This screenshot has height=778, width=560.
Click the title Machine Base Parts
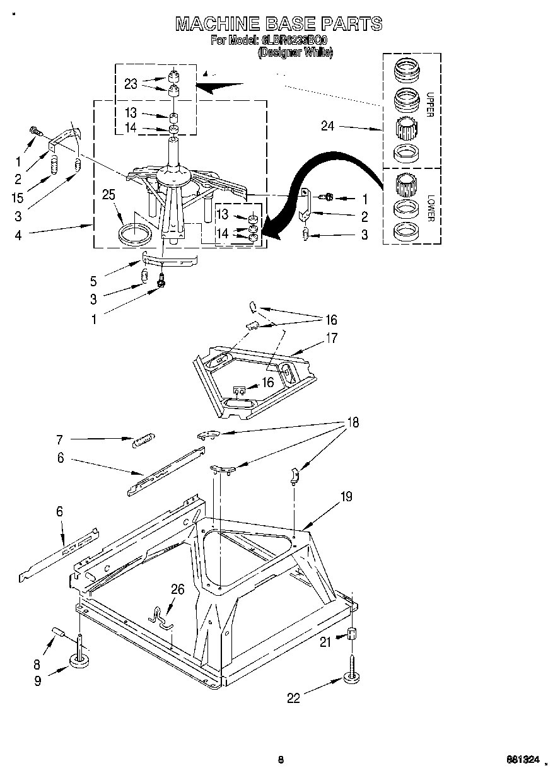tap(278, 23)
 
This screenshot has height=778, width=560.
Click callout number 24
tap(327, 125)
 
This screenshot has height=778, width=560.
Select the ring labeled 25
tap(136, 233)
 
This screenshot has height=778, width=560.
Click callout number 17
tap(331, 338)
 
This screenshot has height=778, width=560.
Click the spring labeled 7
tap(143, 439)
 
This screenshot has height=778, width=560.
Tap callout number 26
tap(178, 589)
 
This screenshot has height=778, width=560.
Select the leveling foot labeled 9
tap(79, 659)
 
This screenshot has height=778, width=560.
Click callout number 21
tap(325, 642)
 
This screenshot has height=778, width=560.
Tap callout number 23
tap(131, 84)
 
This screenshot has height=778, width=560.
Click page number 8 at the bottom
tap(280, 760)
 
